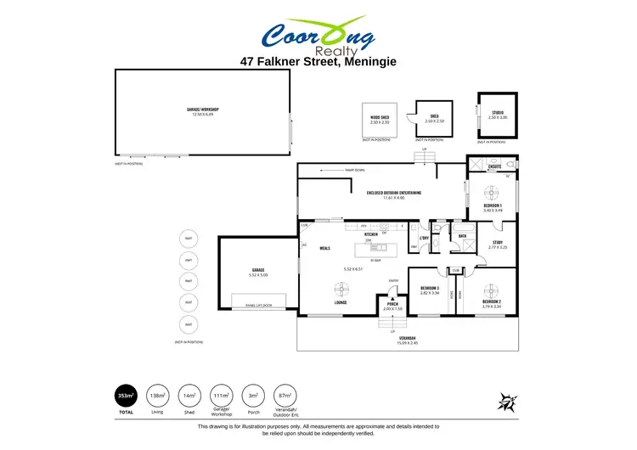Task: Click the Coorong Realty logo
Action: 319,37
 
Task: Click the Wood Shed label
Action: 380,119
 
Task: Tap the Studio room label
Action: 497,113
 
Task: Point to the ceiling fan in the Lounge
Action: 341,289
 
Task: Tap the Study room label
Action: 497,244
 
